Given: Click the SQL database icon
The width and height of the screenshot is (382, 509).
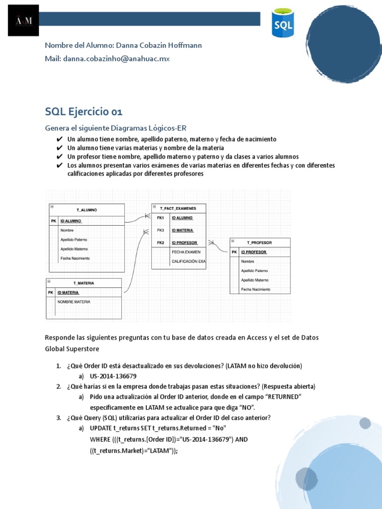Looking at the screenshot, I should coord(283,23).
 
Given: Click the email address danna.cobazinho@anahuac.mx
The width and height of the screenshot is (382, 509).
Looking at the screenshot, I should coord(116,59).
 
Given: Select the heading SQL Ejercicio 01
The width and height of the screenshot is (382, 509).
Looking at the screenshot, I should coord(84,111).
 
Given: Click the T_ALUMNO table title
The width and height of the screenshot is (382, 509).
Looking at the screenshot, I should coord(87,210).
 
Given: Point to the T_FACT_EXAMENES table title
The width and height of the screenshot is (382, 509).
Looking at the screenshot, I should coord(178,208).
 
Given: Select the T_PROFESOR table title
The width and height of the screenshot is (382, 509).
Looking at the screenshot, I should coord(259,242).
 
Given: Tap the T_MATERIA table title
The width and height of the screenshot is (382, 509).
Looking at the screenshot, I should coord(84,283).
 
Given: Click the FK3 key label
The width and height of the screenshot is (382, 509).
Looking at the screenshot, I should coord(160,230).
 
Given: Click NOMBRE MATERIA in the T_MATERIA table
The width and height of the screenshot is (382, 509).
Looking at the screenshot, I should coord(74,302).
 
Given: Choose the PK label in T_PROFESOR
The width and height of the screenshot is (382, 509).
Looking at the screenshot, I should coord(234,252).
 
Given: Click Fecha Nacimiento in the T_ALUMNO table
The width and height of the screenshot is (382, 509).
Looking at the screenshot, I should coord(75,258).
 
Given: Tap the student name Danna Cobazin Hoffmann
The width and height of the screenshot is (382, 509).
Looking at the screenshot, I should coord(158,45).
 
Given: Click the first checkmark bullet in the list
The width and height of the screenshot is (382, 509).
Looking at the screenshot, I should coord(60,139).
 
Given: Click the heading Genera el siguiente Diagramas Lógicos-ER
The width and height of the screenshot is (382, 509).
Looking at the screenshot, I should coord(115,128).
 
